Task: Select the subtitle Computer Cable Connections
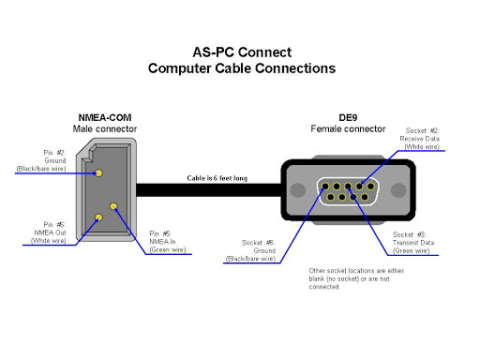[241, 68]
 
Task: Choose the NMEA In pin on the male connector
[113, 206]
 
